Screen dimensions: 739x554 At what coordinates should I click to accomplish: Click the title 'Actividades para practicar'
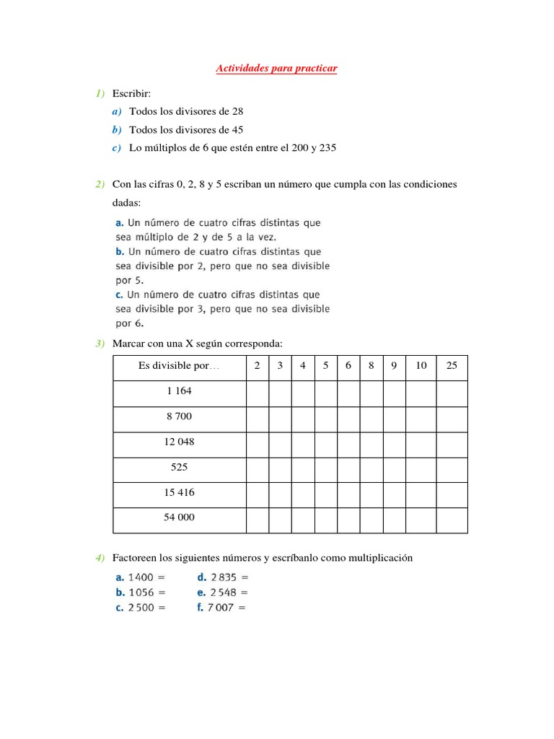pos(277,69)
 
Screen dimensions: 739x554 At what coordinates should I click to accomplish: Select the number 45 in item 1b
pos(237,130)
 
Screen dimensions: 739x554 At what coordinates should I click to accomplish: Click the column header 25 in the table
pos(452,366)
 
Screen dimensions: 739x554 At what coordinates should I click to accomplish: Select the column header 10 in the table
pos(421,366)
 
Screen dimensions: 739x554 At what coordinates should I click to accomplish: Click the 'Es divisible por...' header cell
pos(179,366)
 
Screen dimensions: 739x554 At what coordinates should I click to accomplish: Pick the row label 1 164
pos(179,391)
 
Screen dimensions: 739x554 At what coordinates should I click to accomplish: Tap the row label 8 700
pos(179,416)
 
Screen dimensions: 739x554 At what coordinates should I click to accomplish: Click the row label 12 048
pos(179,442)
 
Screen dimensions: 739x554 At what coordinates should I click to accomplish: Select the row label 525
pos(179,467)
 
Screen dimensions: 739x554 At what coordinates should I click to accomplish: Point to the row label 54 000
pos(179,517)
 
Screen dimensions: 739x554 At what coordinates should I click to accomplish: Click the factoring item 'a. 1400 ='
pos(141,577)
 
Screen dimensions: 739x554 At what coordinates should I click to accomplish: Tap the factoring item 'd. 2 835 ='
pos(223,577)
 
